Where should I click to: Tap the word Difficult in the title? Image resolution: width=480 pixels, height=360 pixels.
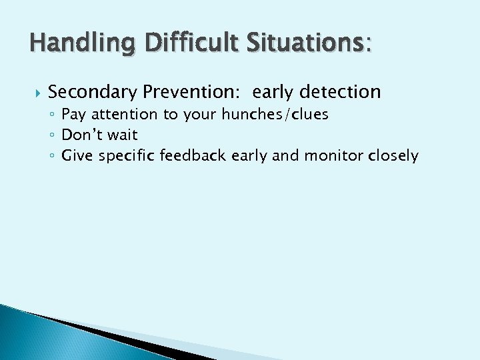pos(177,45)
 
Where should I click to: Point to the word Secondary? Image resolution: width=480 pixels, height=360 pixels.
pos(93,91)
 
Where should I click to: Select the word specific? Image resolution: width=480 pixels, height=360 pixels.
pos(127,156)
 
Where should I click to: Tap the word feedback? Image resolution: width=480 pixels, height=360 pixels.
pos(193,156)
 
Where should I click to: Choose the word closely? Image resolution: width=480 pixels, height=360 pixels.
pos(393,156)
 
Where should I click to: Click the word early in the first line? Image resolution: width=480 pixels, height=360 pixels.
pos(272,91)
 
